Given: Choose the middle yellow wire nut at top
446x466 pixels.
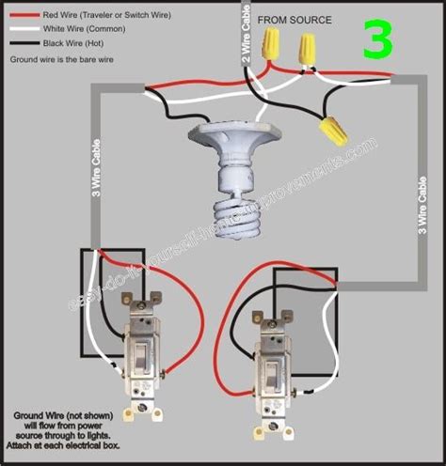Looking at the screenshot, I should click(308, 49).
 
